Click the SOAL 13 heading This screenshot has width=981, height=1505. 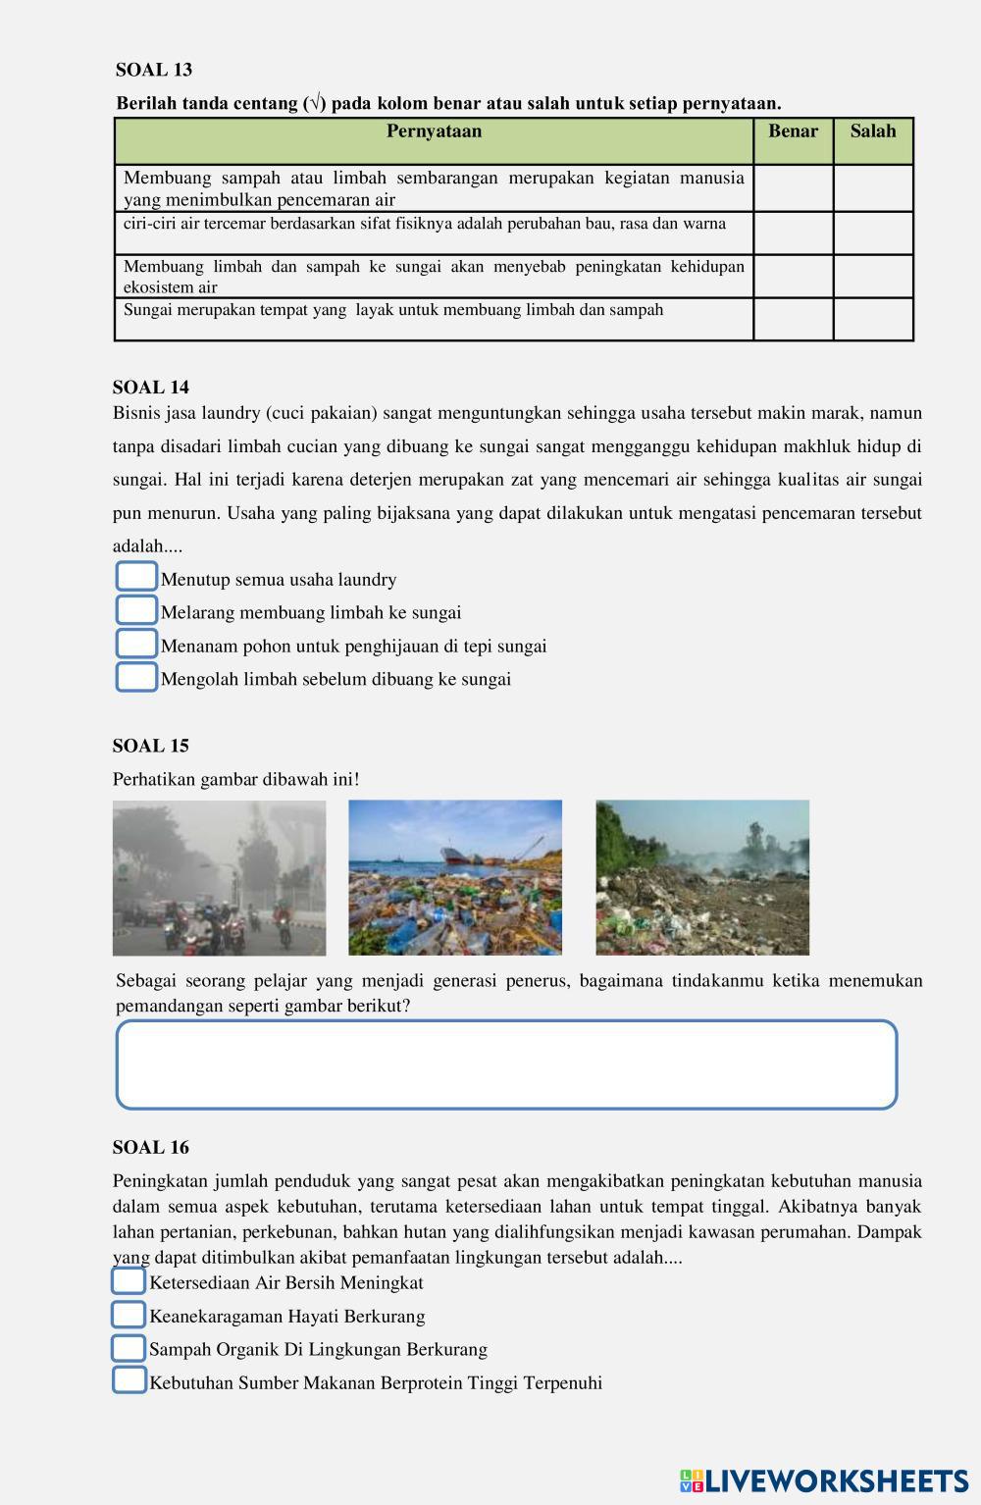point(154,70)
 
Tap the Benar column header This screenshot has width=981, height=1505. point(793,131)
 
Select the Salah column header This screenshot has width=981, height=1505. point(873,131)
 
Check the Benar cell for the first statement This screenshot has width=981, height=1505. point(793,187)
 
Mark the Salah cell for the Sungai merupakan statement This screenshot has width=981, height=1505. point(873,319)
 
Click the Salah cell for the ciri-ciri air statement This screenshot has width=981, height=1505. point(873,233)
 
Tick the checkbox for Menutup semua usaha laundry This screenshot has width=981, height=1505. point(136,577)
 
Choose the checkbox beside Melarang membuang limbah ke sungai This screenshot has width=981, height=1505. point(136,610)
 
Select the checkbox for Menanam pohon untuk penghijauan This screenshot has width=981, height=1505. point(136,644)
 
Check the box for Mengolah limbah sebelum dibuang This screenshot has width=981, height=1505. point(136,677)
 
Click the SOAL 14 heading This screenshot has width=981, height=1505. point(151,387)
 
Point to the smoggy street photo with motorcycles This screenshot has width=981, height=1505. point(219,877)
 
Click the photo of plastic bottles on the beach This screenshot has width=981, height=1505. point(455,877)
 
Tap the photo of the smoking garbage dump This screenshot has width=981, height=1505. point(702,877)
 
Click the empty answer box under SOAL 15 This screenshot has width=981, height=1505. point(506,1064)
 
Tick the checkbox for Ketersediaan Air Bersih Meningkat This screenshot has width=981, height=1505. point(129,1281)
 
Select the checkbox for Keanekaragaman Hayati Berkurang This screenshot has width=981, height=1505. point(129,1315)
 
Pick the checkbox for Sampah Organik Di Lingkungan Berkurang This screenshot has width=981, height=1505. point(129,1348)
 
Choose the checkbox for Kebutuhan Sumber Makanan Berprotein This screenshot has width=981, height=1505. point(129,1380)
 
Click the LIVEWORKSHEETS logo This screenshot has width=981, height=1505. point(823,1480)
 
